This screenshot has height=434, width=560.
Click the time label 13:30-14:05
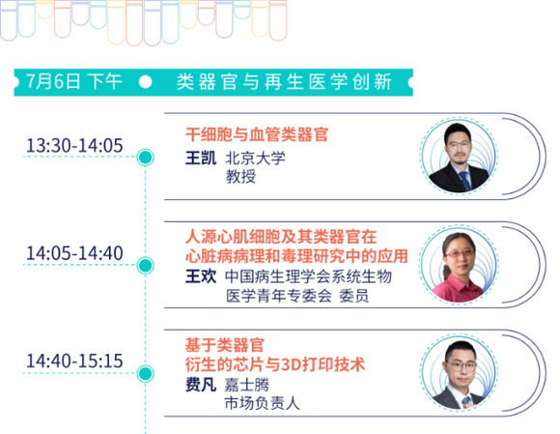coord(74,146)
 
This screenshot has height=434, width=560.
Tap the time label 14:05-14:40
coord(74,253)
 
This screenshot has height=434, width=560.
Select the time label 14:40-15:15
coord(74,361)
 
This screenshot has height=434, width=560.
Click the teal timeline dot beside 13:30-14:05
coord(146,158)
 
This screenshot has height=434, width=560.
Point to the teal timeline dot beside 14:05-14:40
coord(146,265)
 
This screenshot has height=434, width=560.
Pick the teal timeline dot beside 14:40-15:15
coord(146,373)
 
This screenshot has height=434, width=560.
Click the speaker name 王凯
coord(201,158)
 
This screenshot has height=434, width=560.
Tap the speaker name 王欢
coord(201,276)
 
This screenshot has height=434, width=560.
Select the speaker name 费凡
coord(201,385)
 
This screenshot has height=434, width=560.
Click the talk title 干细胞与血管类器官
coord(257,134)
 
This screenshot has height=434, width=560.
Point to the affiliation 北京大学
coord(255,158)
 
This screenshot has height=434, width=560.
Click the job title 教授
coord(240,176)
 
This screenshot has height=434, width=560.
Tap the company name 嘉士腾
coord(247,385)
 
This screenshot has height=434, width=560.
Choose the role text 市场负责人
coord(263,403)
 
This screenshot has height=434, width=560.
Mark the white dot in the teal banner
coord(145,82)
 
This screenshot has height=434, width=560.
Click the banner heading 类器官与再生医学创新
coord(284,82)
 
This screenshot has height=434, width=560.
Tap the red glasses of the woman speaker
coord(459,253)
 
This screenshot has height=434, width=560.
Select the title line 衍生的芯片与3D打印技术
coord(275,365)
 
